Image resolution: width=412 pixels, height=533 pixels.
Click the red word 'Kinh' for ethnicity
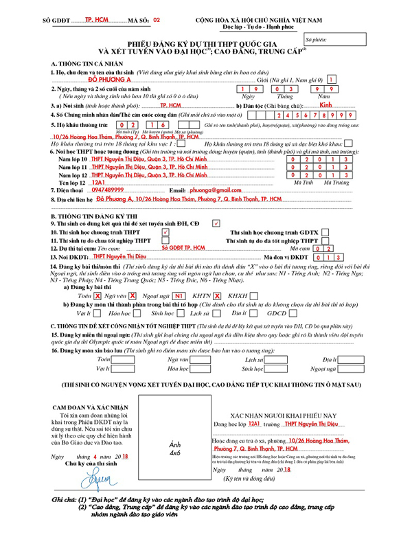pyautogui.click(x=327, y=106)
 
